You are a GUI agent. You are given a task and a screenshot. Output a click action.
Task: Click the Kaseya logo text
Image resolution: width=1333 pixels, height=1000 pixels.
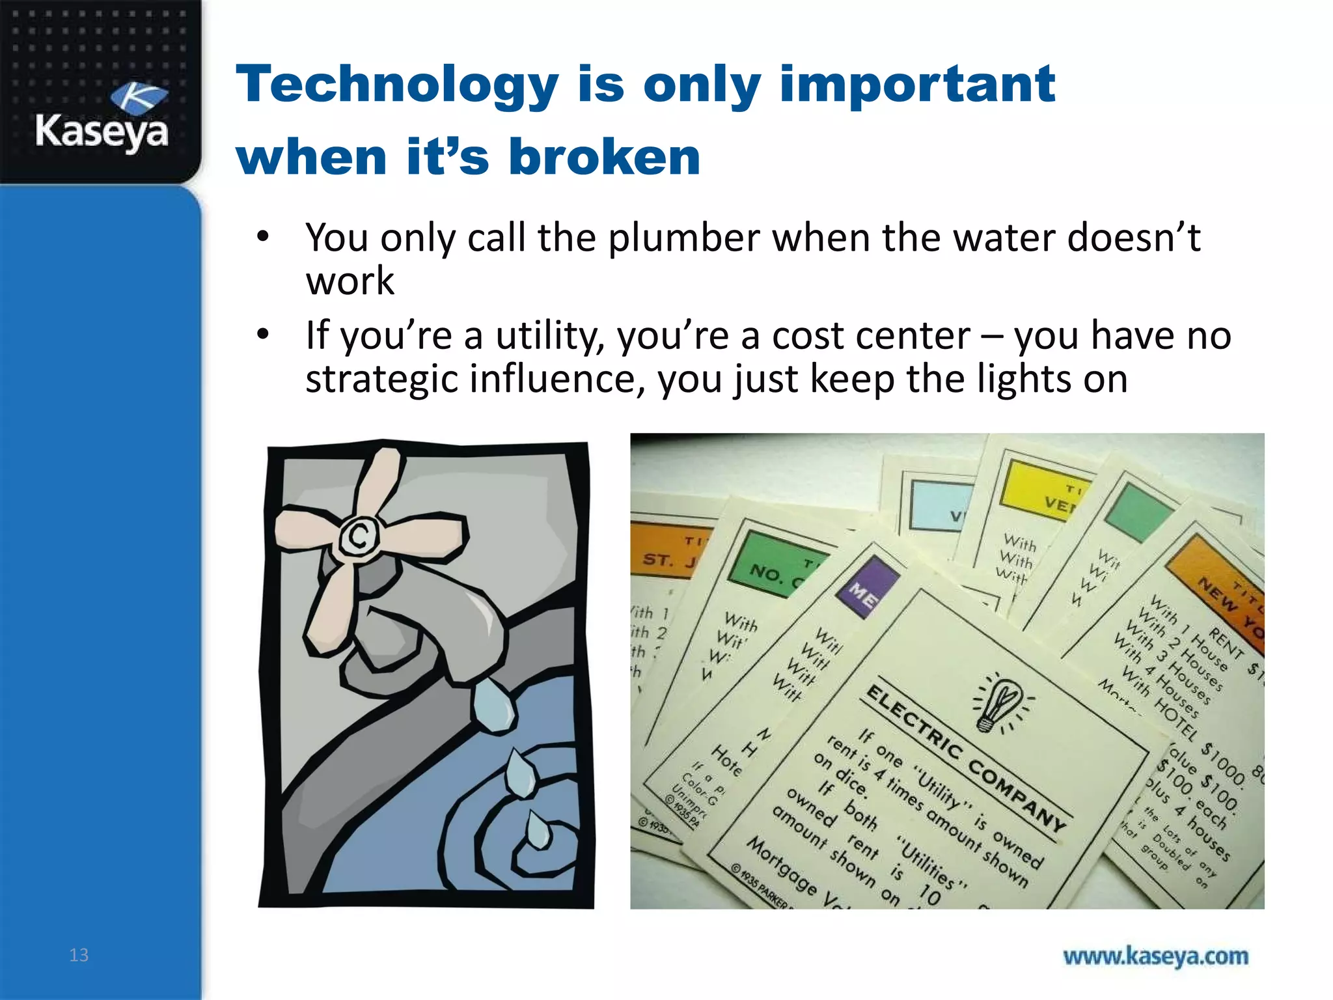(x=102, y=132)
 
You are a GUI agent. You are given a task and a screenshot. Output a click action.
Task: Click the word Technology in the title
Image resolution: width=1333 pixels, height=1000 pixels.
(x=397, y=85)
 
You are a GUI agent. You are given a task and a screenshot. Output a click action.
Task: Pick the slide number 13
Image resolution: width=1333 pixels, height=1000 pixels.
(x=79, y=955)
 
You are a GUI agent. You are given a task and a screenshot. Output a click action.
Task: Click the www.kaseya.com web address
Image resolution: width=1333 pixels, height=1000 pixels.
(x=1155, y=956)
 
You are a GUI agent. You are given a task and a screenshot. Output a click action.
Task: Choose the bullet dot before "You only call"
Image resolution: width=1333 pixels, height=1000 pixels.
(x=262, y=237)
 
